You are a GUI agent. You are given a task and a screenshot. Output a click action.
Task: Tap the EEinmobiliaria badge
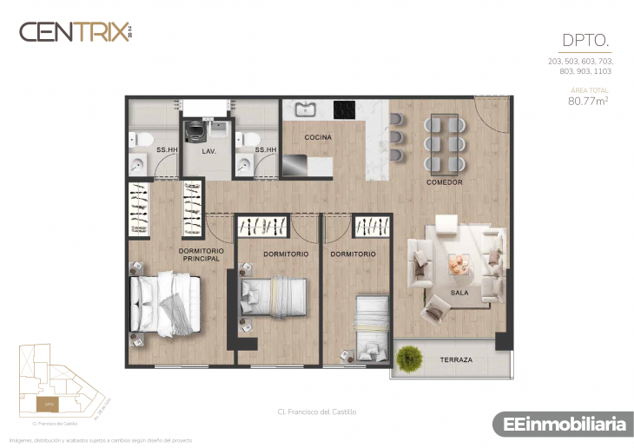[565, 425]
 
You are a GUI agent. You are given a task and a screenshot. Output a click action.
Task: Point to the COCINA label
[318, 137]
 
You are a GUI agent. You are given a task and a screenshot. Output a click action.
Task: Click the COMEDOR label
[444, 182]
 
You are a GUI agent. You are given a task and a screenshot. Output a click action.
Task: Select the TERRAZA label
[456, 359]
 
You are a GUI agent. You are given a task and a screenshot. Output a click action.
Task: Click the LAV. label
[208, 151]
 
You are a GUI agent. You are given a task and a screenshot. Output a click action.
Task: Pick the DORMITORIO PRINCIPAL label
[201, 254]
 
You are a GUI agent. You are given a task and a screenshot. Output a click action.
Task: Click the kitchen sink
[305, 109]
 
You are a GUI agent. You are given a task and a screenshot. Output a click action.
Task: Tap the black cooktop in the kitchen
[346, 109]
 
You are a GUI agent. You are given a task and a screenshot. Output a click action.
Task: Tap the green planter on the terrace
[408, 357]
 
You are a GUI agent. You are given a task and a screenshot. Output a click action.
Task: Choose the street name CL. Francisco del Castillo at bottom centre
[317, 412]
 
